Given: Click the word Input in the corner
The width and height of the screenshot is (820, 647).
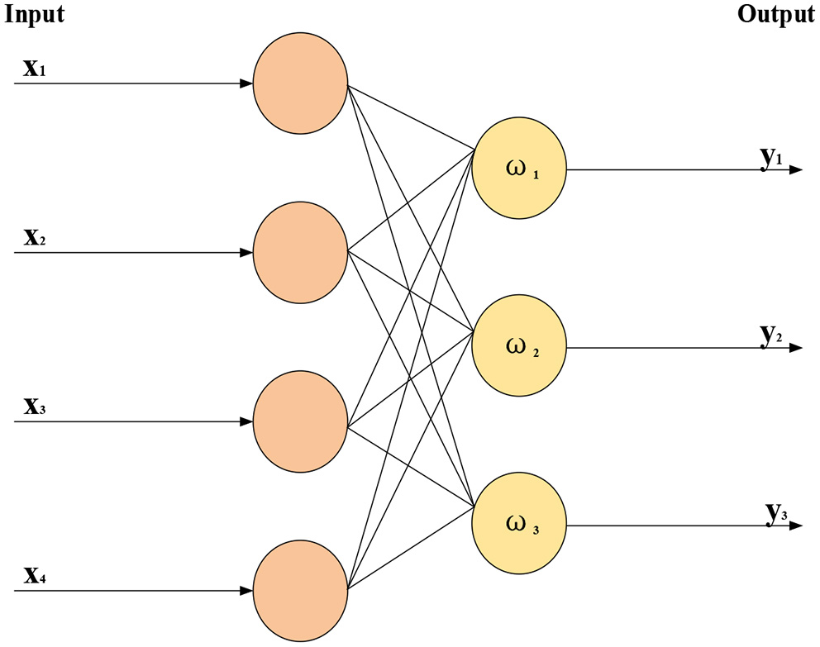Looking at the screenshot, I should pyautogui.click(x=35, y=15).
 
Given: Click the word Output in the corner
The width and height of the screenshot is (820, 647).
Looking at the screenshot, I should pyautogui.click(x=775, y=15).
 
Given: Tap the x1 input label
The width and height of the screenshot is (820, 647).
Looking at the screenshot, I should pyautogui.click(x=34, y=69).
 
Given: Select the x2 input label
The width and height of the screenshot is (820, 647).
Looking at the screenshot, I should pyautogui.click(x=34, y=239).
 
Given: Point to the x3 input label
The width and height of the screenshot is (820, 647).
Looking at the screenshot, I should pyautogui.click(x=34, y=407).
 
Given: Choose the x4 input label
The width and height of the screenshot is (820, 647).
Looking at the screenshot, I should pyautogui.click(x=34, y=576).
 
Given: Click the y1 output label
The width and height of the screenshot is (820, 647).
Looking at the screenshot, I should pyautogui.click(x=771, y=157).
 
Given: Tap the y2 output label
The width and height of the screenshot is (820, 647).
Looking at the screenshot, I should pyautogui.click(x=771, y=335).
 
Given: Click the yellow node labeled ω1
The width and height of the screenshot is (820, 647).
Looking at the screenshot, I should pyautogui.click(x=519, y=170).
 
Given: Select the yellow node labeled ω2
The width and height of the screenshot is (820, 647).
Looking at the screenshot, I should pyautogui.click(x=519, y=348).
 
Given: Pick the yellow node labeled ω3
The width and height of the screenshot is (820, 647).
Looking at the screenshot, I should pyautogui.click(x=519, y=526).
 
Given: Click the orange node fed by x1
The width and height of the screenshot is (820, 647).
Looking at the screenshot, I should pyautogui.click(x=301, y=83).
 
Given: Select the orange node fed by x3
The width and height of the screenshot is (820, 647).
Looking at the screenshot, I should pyautogui.click(x=301, y=421).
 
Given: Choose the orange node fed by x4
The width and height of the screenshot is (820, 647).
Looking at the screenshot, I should pyautogui.click(x=301, y=591).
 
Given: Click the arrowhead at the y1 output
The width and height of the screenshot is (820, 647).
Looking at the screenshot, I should pyautogui.click(x=795, y=170).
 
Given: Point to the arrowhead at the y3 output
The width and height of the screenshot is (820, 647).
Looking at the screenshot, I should pyautogui.click(x=795, y=526).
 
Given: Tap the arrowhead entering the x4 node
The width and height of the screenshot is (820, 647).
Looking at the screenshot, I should pyautogui.click(x=246, y=591).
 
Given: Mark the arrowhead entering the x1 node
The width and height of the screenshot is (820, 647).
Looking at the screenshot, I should pyautogui.click(x=246, y=83).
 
